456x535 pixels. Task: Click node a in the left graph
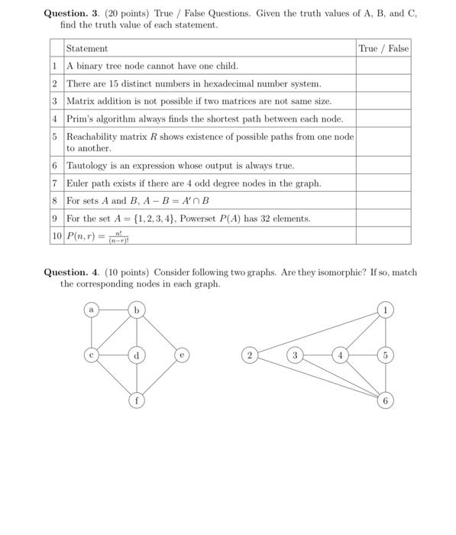(92, 310)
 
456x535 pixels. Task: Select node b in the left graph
(137, 310)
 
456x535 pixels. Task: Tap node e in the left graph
(181, 355)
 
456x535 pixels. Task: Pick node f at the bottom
(137, 400)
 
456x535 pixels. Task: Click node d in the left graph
(137, 355)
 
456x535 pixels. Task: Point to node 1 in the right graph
(386, 310)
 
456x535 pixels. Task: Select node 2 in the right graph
(249, 355)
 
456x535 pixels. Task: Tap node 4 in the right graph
(341, 355)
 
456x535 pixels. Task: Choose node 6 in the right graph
(386, 400)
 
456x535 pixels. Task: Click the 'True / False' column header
(383, 48)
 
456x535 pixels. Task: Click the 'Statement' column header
(87, 48)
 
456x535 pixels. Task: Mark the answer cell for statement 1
(383, 66)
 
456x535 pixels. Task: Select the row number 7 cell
(56, 183)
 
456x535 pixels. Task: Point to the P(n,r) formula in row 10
(97, 235)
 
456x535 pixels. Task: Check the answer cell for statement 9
(383, 219)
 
